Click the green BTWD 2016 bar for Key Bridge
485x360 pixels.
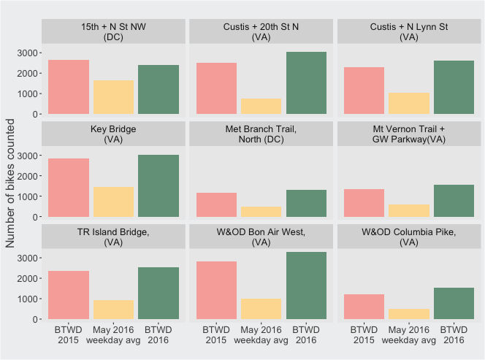[159, 185]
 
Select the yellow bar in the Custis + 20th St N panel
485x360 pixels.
[261, 107]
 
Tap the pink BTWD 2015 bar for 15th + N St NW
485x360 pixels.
[69, 87]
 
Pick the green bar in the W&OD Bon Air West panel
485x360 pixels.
[306, 286]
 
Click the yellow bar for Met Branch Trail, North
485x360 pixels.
[261, 212]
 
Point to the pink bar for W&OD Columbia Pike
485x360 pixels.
[364, 307]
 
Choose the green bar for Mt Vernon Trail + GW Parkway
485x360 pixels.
[454, 201]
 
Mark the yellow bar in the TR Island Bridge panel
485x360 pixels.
[113, 310]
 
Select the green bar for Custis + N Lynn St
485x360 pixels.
[454, 87]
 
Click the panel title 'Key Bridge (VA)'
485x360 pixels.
[113, 134]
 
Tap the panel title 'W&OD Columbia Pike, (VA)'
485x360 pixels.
[409, 237]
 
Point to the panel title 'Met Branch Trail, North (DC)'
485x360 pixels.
[261, 134]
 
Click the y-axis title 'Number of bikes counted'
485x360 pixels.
[10, 183]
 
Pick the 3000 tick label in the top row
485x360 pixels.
[27, 53]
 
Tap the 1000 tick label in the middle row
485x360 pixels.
[27, 196]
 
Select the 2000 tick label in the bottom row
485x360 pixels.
[27, 279]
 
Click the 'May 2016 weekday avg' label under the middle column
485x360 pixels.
[261, 335]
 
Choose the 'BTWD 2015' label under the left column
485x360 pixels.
[69, 335]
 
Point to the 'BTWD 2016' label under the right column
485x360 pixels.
[454, 335]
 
